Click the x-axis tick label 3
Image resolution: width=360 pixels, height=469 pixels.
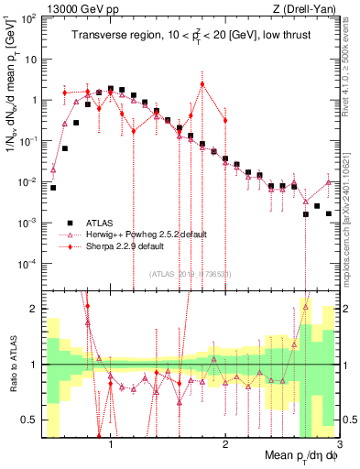pyautogui.click(x=340, y=446)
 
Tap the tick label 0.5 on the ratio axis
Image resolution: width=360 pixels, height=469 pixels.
pyautogui.click(x=29, y=420)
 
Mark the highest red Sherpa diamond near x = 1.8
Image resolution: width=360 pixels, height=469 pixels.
pyautogui.click(x=202, y=84)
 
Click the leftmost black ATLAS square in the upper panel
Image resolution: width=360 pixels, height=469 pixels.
pyautogui.click(x=53, y=188)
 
